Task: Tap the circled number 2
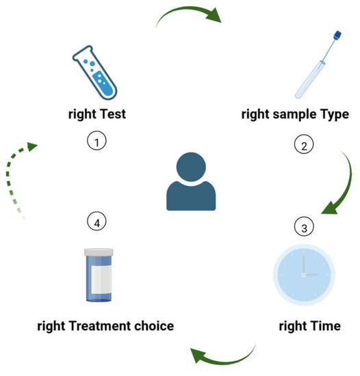[304, 145]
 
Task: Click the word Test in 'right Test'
[111, 114]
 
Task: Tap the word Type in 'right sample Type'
[335, 114]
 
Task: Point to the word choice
[154, 325]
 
